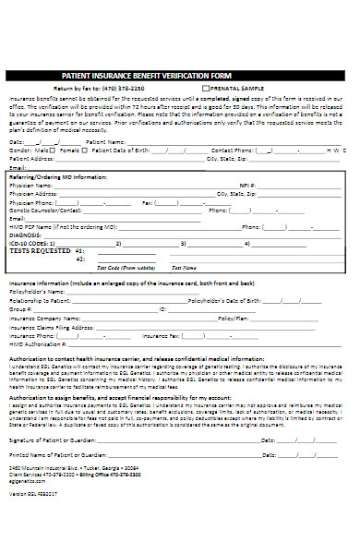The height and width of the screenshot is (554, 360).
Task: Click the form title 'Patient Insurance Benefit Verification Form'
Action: click(147, 75)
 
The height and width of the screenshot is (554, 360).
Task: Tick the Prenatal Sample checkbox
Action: click(206, 87)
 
